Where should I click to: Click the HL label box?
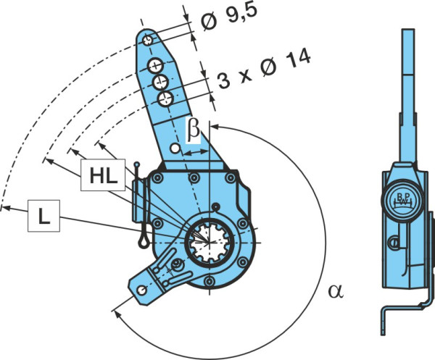tap(103, 175)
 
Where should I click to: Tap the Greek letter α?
tap(336, 291)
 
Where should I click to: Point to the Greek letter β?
tap(193, 130)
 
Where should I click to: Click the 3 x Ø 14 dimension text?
tap(264, 69)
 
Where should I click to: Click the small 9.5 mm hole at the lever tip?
tap(148, 41)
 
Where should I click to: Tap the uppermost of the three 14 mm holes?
tap(155, 66)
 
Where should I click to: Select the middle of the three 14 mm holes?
tap(161, 82)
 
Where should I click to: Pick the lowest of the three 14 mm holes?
tap(166, 99)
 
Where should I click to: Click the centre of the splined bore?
tap(210, 243)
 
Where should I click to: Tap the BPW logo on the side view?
tap(402, 199)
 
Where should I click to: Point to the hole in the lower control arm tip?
tap(142, 290)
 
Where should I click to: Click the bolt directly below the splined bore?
tap(210, 281)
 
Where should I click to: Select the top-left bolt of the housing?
tap(157, 178)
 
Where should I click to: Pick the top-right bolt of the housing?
tap(231, 178)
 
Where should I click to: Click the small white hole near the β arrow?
tap(175, 148)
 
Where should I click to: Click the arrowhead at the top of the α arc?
tap(215, 127)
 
